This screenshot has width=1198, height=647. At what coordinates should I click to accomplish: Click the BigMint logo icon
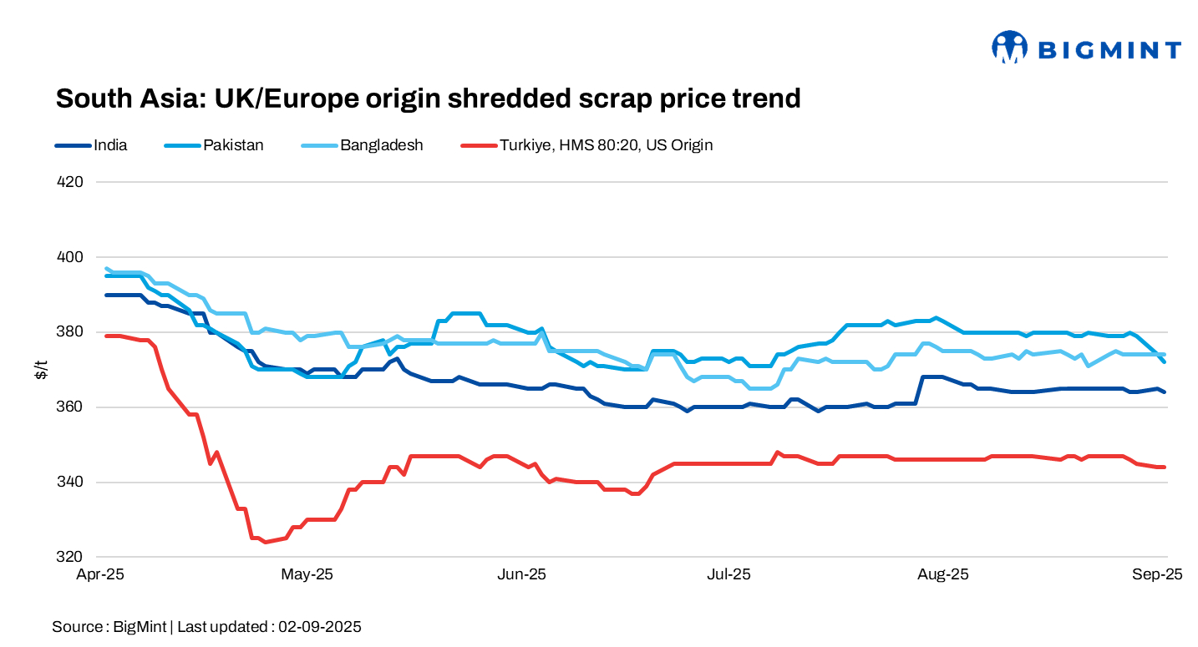pyautogui.click(x=1009, y=48)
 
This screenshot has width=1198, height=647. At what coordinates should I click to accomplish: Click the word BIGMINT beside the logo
pyautogui.click(x=1109, y=50)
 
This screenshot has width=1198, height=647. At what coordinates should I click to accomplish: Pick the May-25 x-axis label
pyautogui.click(x=307, y=575)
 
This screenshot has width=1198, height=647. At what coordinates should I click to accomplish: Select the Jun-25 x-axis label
pyautogui.click(x=521, y=575)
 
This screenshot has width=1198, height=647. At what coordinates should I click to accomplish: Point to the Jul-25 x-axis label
pyautogui.click(x=729, y=575)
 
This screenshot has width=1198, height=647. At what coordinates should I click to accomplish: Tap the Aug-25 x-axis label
pyautogui.click(x=943, y=575)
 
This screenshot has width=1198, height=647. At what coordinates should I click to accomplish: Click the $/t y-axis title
pyautogui.click(x=40, y=370)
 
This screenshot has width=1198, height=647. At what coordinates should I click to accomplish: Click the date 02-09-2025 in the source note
pyautogui.click(x=320, y=627)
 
